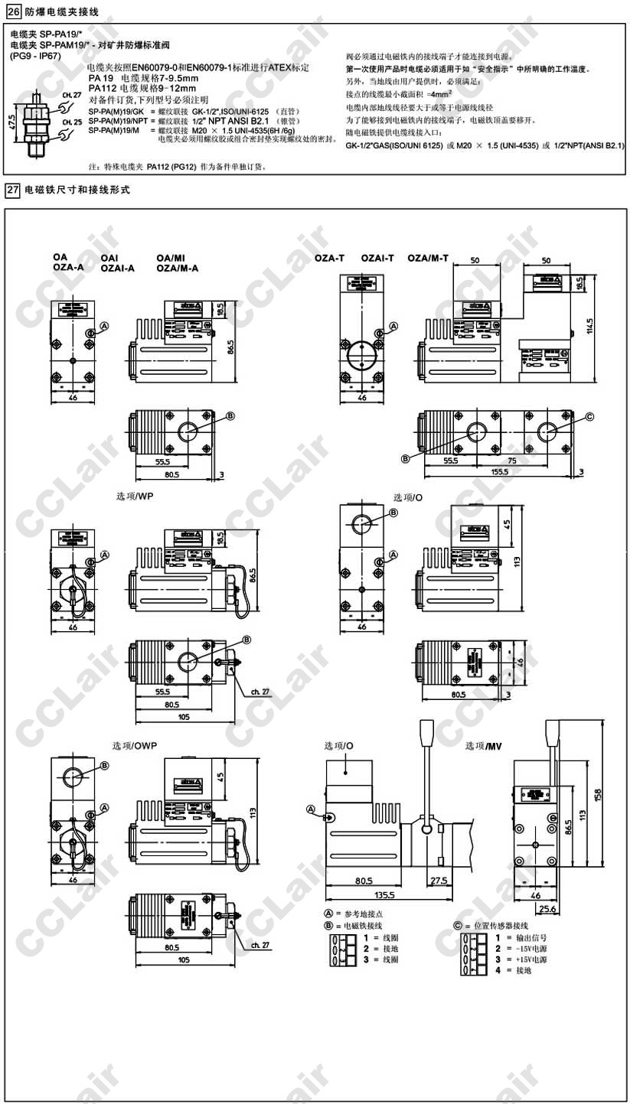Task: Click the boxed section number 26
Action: [12, 10]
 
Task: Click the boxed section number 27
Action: [12, 189]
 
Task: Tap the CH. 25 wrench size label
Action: [72, 122]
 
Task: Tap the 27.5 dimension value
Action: [438, 881]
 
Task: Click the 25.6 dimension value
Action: [547, 909]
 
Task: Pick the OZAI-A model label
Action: [118, 268]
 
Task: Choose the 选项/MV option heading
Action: [484, 744]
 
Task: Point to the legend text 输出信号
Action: [533, 937]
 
